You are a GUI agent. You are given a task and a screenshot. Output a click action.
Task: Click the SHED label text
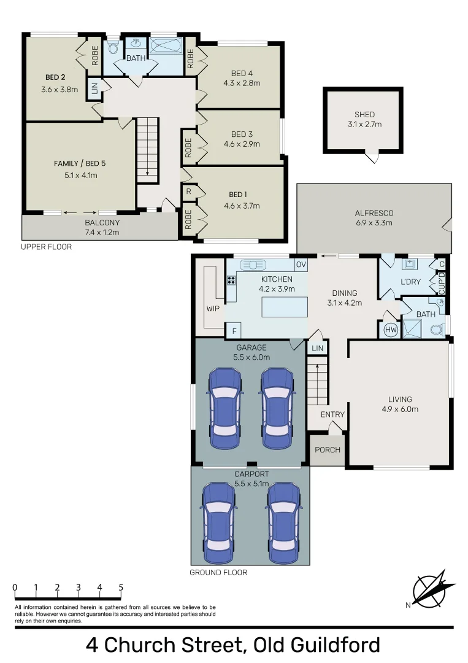click(x=364, y=114)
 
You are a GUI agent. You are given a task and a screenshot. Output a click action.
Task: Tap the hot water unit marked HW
click(x=390, y=330)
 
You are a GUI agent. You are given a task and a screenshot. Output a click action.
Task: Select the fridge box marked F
click(x=234, y=331)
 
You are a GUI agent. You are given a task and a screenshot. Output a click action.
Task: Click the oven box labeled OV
click(x=301, y=265)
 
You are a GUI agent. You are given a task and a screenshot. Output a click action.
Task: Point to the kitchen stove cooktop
click(x=232, y=281)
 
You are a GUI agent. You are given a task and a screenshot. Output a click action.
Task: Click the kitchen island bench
click(x=285, y=306)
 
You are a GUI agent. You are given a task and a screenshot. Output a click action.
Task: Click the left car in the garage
click(x=224, y=409)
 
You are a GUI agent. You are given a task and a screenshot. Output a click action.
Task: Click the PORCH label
click(x=328, y=449)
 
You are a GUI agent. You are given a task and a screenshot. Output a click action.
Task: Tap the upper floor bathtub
click(x=166, y=47)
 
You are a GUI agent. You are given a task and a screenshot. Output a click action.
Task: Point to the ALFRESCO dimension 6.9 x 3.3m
click(x=374, y=223)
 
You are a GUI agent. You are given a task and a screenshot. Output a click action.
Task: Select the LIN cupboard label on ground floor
click(x=317, y=348)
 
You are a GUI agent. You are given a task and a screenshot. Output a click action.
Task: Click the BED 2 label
click(x=55, y=77)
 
